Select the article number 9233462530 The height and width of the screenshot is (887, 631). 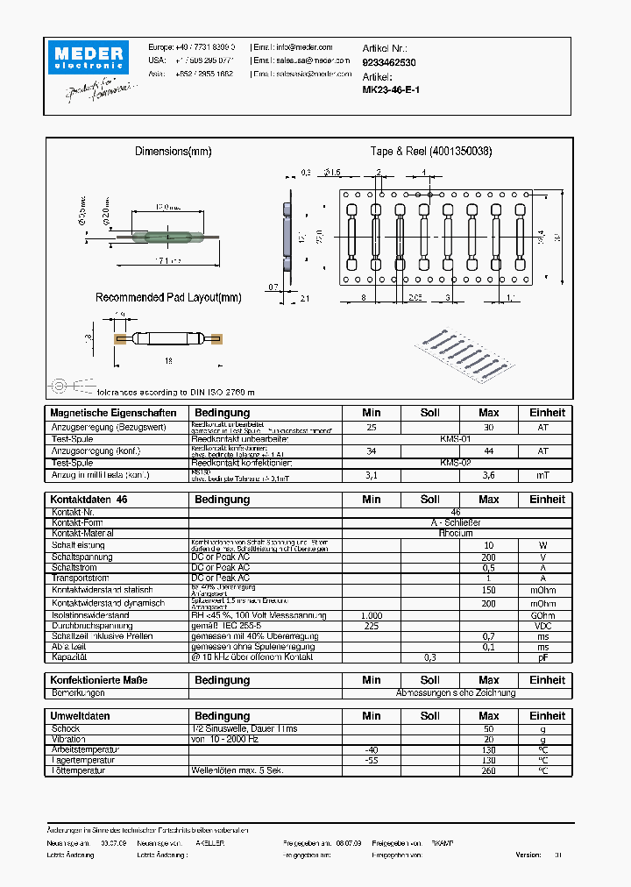pyautogui.click(x=389, y=63)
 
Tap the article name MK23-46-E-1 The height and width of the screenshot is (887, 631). pyautogui.click(x=391, y=89)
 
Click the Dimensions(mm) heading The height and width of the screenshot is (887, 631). pyautogui.click(x=174, y=152)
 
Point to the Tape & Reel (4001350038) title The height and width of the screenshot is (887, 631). pyautogui.click(x=430, y=152)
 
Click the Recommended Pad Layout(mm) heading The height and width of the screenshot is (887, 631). pyautogui.click(x=168, y=298)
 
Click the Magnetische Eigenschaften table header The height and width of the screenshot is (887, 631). pyautogui.click(x=114, y=413)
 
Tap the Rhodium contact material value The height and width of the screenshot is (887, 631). pyautogui.click(x=456, y=533)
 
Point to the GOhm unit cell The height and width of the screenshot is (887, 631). pyautogui.click(x=542, y=615)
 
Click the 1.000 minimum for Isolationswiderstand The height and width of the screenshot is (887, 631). pyautogui.click(x=372, y=615)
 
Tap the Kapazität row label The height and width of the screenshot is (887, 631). pyautogui.click(x=70, y=657)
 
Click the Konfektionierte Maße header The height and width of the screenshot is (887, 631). pyautogui.click(x=99, y=680)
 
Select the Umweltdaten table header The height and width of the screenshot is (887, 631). pyautogui.click(x=81, y=716)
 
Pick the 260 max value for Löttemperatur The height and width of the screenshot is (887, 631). pyautogui.click(x=488, y=770)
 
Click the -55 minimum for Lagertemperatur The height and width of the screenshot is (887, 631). pyautogui.click(x=372, y=760)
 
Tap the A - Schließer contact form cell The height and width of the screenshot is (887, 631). pyautogui.click(x=456, y=522)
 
